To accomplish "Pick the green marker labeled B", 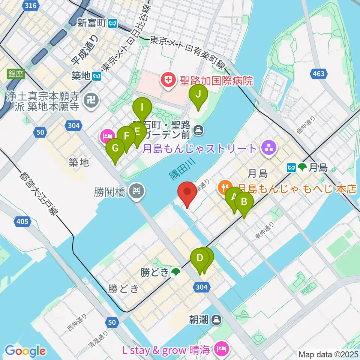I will pyautogui.click(x=244, y=203).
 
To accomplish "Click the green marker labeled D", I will pyautogui.click(x=200, y=259).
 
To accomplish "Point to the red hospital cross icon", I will pyautogui.click(x=166, y=80).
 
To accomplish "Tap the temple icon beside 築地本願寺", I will pyautogui.click(x=93, y=101).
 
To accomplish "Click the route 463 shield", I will pyautogui.click(x=318, y=74).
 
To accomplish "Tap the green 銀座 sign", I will pyautogui.click(x=15, y=74).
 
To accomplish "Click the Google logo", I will pyautogui.click(x=25, y=351).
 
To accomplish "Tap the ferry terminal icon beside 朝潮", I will pyautogui.click(x=216, y=320).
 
